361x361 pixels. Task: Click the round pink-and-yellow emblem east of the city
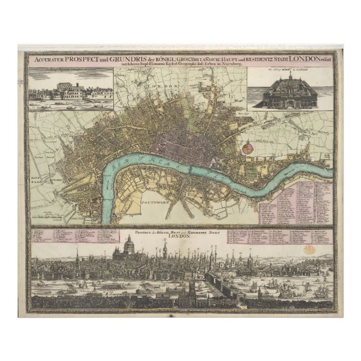tap(249, 147)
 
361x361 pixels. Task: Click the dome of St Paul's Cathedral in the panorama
tap(127, 243)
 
